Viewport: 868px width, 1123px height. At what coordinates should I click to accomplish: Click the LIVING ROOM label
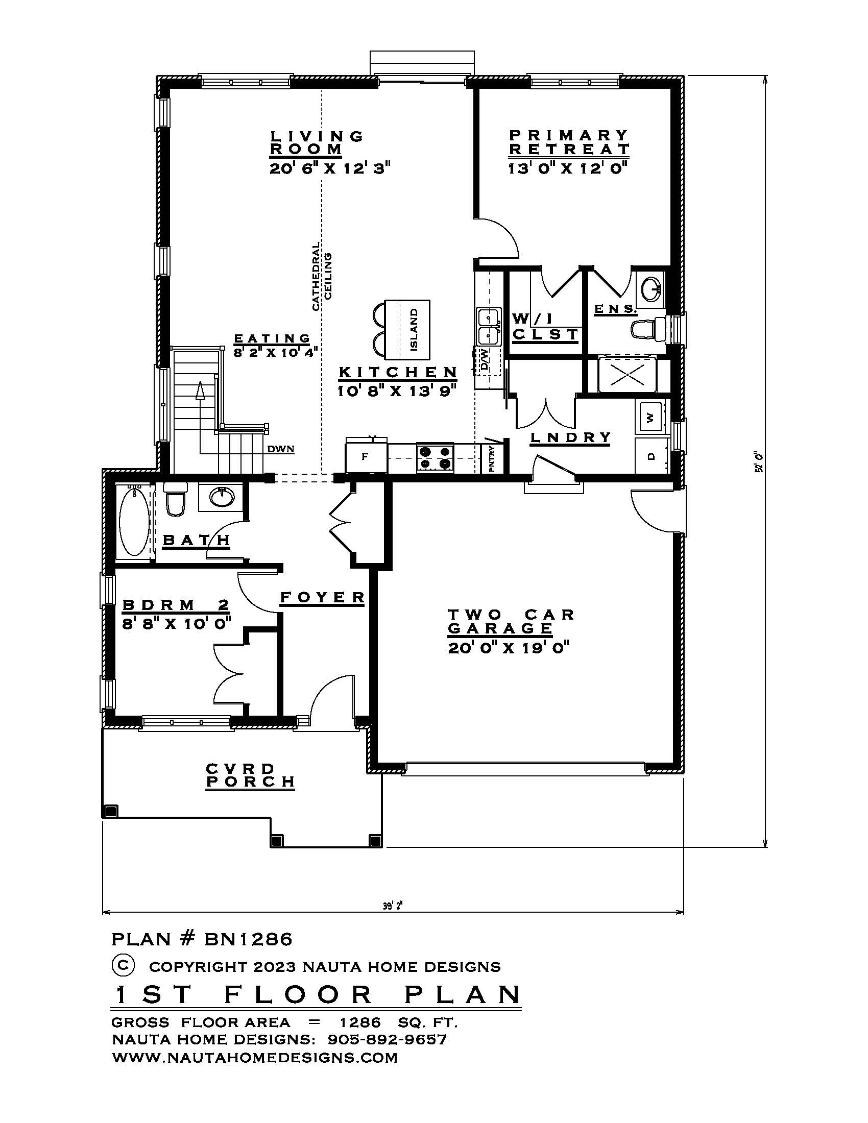click(317, 143)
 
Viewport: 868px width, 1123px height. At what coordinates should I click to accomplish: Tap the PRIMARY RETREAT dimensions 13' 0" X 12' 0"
click(569, 168)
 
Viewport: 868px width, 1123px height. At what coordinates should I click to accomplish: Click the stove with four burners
click(435, 458)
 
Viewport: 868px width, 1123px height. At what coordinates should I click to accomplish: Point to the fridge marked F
click(366, 455)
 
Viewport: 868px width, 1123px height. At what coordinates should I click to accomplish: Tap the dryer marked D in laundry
click(650, 455)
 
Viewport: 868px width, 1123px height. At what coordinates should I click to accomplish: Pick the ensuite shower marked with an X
click(628, 375)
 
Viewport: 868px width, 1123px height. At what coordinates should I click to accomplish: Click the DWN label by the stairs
click(281, 449)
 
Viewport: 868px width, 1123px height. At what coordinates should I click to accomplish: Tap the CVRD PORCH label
click(250, 775)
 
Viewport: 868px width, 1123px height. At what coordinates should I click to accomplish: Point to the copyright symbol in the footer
click(123, 965)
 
